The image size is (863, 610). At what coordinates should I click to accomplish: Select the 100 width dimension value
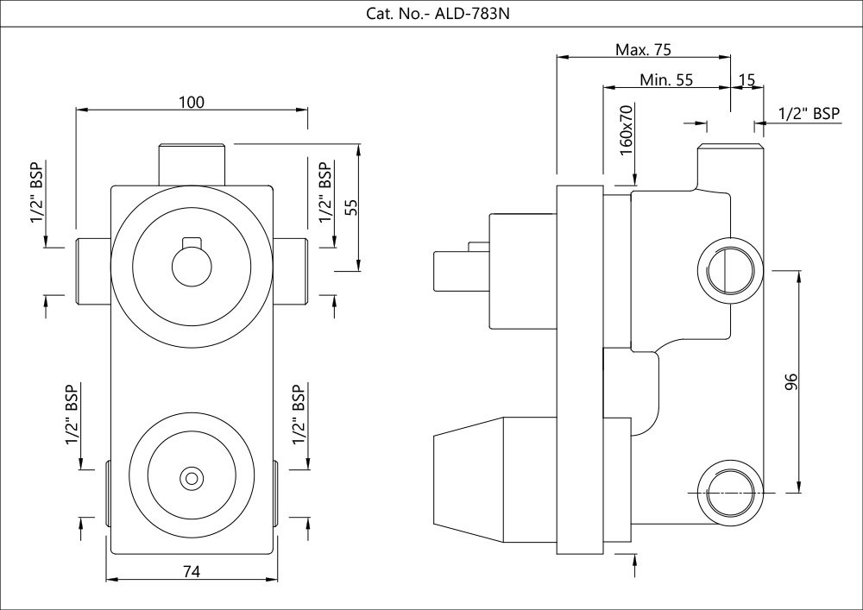192,102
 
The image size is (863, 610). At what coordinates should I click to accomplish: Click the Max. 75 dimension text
643,48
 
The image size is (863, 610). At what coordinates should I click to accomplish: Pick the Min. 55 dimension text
666,80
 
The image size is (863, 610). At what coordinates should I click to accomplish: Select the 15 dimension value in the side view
746,80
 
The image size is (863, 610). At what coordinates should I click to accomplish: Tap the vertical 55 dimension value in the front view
351,208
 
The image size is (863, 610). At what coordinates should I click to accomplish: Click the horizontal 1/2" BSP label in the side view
809,113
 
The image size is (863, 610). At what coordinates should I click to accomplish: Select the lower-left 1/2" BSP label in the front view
72,416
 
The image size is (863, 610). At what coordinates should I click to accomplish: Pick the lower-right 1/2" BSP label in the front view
299,416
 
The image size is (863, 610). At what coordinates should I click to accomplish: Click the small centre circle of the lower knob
190,477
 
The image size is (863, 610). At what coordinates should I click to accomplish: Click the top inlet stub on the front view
192,162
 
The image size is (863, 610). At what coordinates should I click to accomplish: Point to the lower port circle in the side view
730,493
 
